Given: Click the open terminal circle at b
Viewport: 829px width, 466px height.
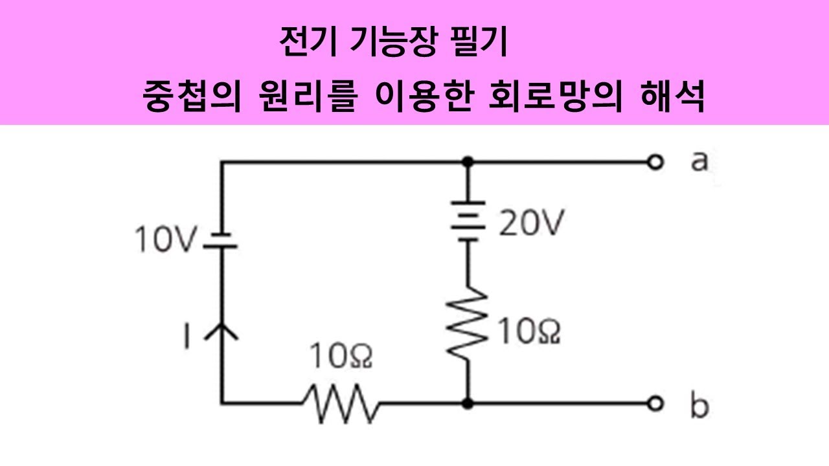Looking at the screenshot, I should [x=657, y=403].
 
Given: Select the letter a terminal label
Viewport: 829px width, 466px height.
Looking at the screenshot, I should [x=698, y=161].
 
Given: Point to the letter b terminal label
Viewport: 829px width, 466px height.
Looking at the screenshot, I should [x=699, y=405].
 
